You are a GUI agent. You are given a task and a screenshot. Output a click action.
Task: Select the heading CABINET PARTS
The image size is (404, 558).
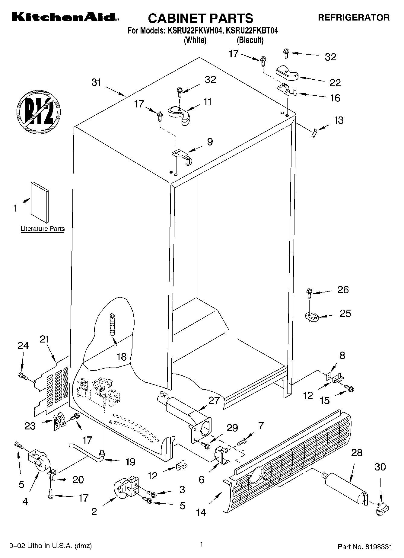click(x=200, y=18)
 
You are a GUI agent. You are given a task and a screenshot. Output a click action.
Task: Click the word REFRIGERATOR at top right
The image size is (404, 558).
click(x=354, y=18)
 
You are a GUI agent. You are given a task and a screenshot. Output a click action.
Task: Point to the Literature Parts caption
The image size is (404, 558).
click(x=43, y=229)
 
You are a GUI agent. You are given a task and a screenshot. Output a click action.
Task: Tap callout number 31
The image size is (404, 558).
click(x=96, y=82)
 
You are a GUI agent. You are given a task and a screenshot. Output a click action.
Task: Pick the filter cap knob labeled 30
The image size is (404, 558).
click(x=382, y=509)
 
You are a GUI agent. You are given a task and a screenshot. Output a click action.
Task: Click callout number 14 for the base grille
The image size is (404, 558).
click(x=201, y=512)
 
